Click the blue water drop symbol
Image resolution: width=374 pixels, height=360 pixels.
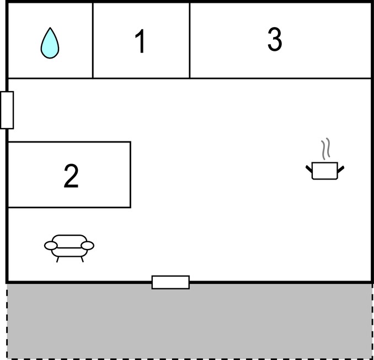pyautogui.click(x=50, y=43)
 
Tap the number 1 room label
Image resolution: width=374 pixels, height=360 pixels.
pyautogui.click(x=140, y=41)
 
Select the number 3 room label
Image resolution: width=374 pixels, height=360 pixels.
pyautogui.click(x=275, y=39)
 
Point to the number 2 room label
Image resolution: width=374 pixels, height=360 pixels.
pyautogui.click(x=71, y=176)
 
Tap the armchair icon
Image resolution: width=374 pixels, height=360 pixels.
pyautogui.click(x=69, y=248)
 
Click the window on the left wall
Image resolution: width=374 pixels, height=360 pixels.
pyautogui.click(x=7, y=110)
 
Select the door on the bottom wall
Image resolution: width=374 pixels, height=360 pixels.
pyautogui.click(x=170, y=282)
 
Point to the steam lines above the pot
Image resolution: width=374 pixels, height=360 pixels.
pyautogui.click(x=325, y=149)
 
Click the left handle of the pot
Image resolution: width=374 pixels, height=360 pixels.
pyautogui.click(x=309, y=169)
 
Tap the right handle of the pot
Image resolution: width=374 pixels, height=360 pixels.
pyautogui.click(x=341, y=169)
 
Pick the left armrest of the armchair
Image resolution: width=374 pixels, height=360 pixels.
pyautogui.click(x=51, y=245)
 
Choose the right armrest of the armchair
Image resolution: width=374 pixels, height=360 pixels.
pyautogui.click(x=88, y=245)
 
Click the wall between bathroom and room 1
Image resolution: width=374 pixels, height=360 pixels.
pyautogui.click(x=93, y=40)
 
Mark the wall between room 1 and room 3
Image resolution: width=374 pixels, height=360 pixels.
pyautogui.click(x=190, y=40)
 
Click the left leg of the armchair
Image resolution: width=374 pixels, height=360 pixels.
pyautogui.click(x=57, y=260)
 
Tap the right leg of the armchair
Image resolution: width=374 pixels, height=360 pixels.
pyautogui.click(x=82, y=260)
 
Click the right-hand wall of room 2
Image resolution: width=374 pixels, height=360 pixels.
pyautogui.click(x=131, y=174)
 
